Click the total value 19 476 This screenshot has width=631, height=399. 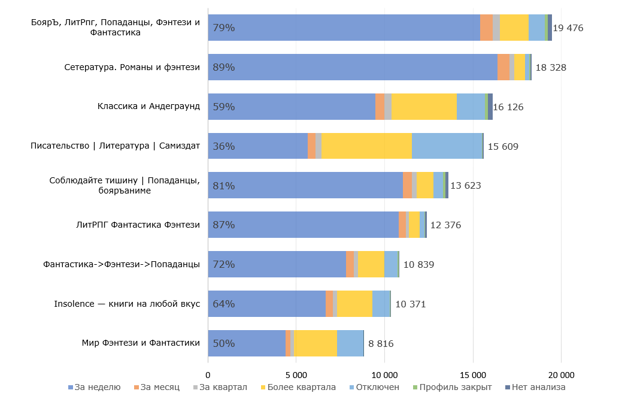pyautogui.click(x=568, y=28)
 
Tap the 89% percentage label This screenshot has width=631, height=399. pyautogui.click(x=224, y=67)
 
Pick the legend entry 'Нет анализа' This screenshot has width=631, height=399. pyautogui.click(x=538, y=387)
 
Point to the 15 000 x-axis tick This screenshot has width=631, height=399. pyautogui.click(x=473, y=374)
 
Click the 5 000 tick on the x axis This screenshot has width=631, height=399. pyautogui.click(x=296, y=374)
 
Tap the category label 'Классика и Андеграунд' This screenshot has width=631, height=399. pyautogui.click(x=148, y=107)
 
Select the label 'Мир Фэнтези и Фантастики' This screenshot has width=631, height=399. pyautogui.click(x=141, y=343)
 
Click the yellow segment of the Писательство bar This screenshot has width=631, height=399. pyautogui.click(x=366, y=146)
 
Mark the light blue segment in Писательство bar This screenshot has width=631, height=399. pyautogui.click(x=447, y=146)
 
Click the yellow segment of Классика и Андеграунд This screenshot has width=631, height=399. pyautogui.click(x=424, y=107)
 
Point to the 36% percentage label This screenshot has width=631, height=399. pyautogui.click(x=224, y=146)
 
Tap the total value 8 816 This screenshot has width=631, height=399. pyautogui.click(x=381, y=343)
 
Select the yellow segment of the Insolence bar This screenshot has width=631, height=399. pyautogui.click(x=354, y=304)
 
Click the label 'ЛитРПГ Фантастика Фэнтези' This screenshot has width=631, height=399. pyautogui.click(x=138, y=225)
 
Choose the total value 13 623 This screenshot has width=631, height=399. pyautogui.click(x=465, y=186)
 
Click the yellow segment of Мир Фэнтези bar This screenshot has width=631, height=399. pyautogui.click(x=315, y=343)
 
